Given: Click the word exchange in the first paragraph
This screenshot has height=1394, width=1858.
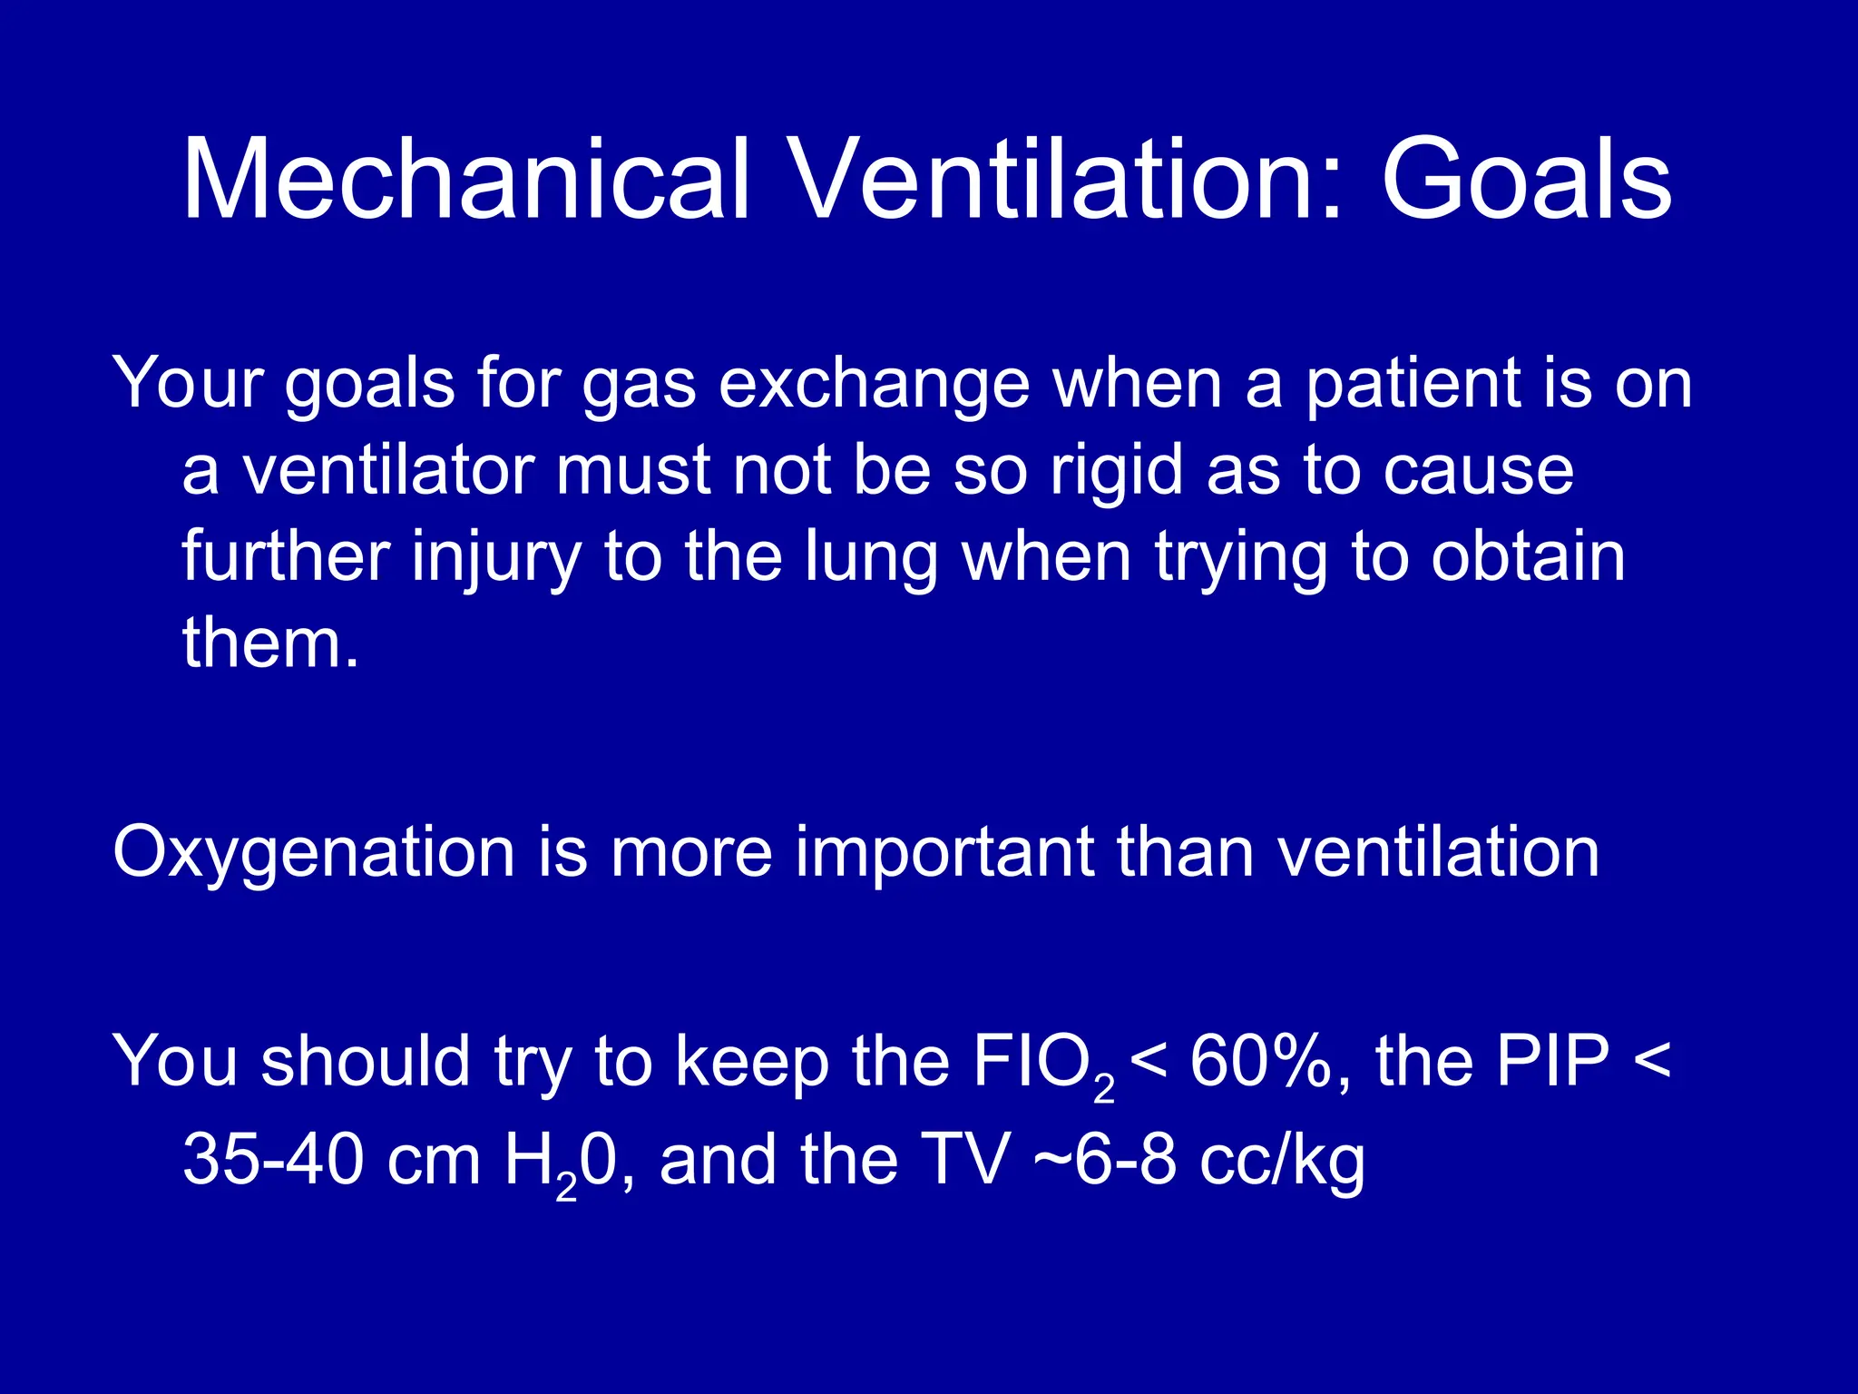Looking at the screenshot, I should click(874, 385).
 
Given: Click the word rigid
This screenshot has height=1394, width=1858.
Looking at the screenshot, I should click(1117, 472).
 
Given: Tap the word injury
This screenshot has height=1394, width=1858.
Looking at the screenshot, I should click(495, 558).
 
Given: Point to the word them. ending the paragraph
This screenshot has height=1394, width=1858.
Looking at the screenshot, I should click(270, 643).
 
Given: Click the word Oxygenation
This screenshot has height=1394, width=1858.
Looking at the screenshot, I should click(314, 854).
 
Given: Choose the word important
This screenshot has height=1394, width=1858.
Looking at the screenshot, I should click(944, 854).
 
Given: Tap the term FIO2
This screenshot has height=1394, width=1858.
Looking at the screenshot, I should click(1042, 1063).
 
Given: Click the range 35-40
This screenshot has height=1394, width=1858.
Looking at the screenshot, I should click(273, 1161).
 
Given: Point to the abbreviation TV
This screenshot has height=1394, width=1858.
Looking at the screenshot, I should click(964, 1161).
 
